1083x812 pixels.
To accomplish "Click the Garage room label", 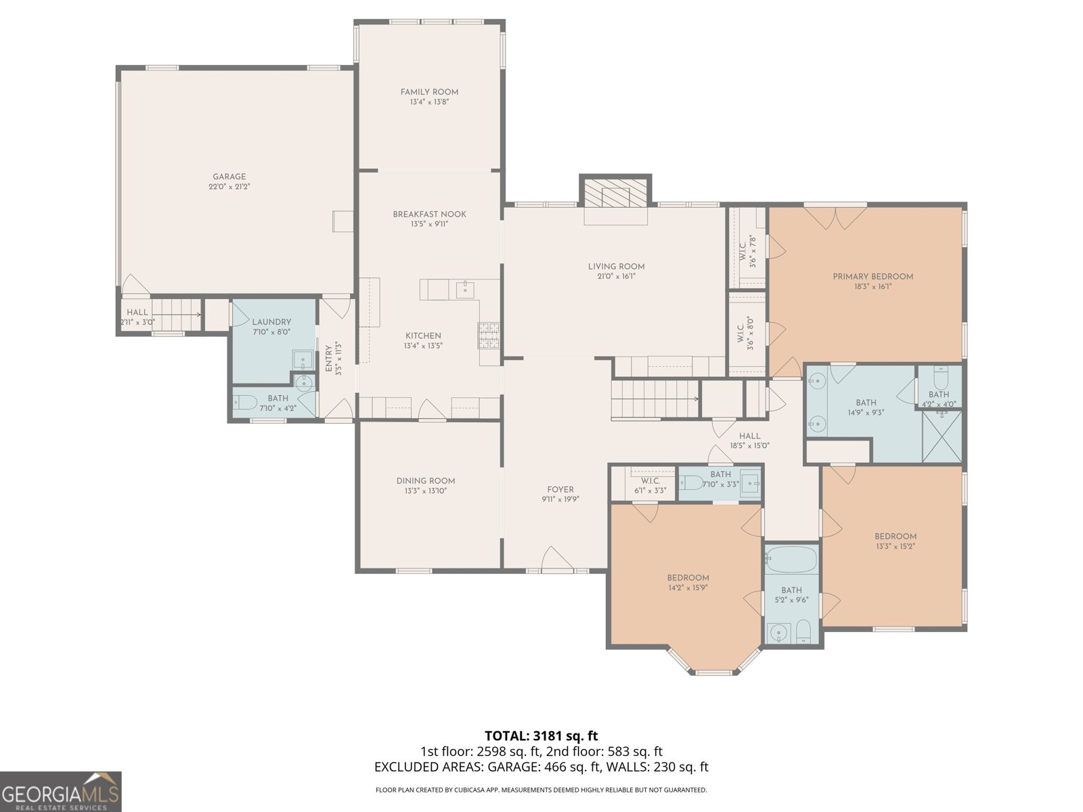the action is click(229, 177).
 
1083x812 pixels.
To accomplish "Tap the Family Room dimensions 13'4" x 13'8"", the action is click(429, 102).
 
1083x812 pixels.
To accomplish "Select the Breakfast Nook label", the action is click(429, 214).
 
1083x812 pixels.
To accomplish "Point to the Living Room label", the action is click(616, 266).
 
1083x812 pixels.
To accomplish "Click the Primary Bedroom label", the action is click(872, 277).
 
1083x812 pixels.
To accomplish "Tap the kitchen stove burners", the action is click(488, 336).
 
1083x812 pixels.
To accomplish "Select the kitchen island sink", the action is click(465, 290).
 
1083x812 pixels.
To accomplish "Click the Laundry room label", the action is click(271, 321).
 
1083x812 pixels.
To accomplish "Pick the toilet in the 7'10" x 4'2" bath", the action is click(245, 403).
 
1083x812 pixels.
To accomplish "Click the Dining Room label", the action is click(426, 480).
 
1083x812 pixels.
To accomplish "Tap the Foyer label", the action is click(560, 489).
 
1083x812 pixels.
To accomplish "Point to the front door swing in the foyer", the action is click(558, 559).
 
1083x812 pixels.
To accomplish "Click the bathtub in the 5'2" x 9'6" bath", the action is click(791, 559).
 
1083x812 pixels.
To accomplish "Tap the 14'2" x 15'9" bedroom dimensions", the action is click(688, 587).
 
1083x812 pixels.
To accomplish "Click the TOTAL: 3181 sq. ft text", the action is click(541, 736).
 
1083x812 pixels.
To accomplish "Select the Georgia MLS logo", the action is click(61, 792).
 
